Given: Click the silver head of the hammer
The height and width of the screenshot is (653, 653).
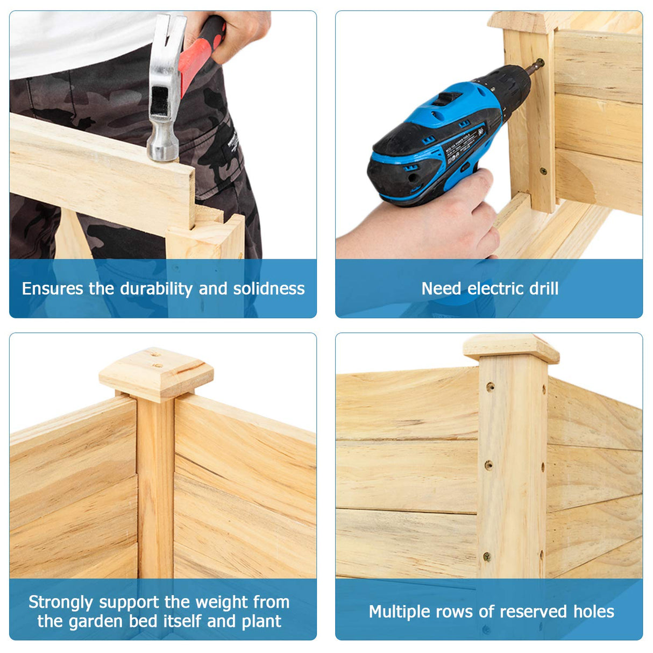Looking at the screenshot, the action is point(165,88).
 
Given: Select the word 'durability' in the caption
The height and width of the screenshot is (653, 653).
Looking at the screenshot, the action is point(156,289).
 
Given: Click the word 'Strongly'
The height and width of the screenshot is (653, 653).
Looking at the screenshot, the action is point(61,603).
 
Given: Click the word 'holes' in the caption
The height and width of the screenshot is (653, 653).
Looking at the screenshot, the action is point(594,612).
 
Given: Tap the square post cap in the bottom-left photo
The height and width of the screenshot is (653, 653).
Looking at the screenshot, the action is point(156,374).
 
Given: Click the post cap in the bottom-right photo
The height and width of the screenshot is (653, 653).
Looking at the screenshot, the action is point(510,349).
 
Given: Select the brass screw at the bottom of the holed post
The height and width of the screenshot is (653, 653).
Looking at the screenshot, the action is point(487,556).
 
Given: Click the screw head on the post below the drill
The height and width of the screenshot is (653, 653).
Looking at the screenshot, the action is point(543,172).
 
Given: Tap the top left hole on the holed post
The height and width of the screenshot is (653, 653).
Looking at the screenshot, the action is point(491,387).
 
